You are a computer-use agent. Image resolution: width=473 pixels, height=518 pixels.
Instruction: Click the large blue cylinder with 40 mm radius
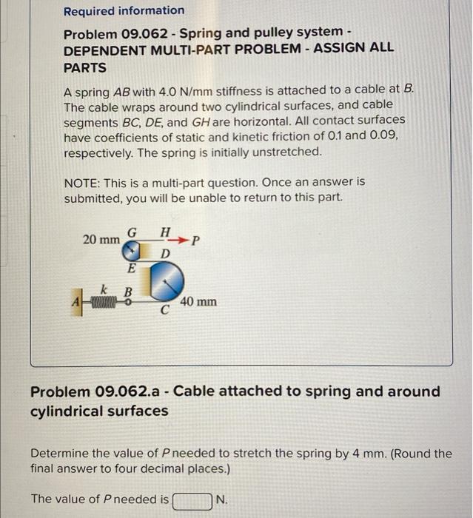(165, 281)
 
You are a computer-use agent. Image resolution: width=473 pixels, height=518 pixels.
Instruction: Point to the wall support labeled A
(76, 301)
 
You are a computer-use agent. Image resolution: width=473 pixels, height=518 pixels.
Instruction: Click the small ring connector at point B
(127, 301)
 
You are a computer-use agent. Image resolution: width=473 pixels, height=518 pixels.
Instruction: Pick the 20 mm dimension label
(101, 240)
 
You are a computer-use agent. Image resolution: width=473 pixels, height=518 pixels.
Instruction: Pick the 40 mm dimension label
(198, 302)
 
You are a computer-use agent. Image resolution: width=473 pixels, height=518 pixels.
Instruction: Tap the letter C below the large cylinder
(167, 311)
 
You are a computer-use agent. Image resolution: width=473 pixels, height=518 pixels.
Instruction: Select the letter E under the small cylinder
(132, 268)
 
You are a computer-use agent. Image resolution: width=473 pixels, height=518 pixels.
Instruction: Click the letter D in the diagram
(166, 254)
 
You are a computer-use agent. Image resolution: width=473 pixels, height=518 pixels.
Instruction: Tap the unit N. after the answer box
(221, 500)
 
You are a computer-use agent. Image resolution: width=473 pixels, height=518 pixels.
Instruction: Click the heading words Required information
(124, 10)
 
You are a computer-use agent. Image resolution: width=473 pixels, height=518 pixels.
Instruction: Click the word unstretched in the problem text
(288, 152)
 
